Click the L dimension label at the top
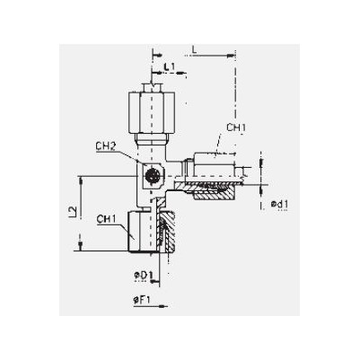click(194, 50)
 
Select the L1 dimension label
click(170, 66)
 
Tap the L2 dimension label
click(73, 212)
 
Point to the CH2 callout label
click(106, 146)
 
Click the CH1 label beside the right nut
click(236, 127)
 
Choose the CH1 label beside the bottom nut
click(106, 219)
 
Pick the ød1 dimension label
click(279, 205)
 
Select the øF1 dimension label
click(142, 300)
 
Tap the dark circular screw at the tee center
click(152, 175)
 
